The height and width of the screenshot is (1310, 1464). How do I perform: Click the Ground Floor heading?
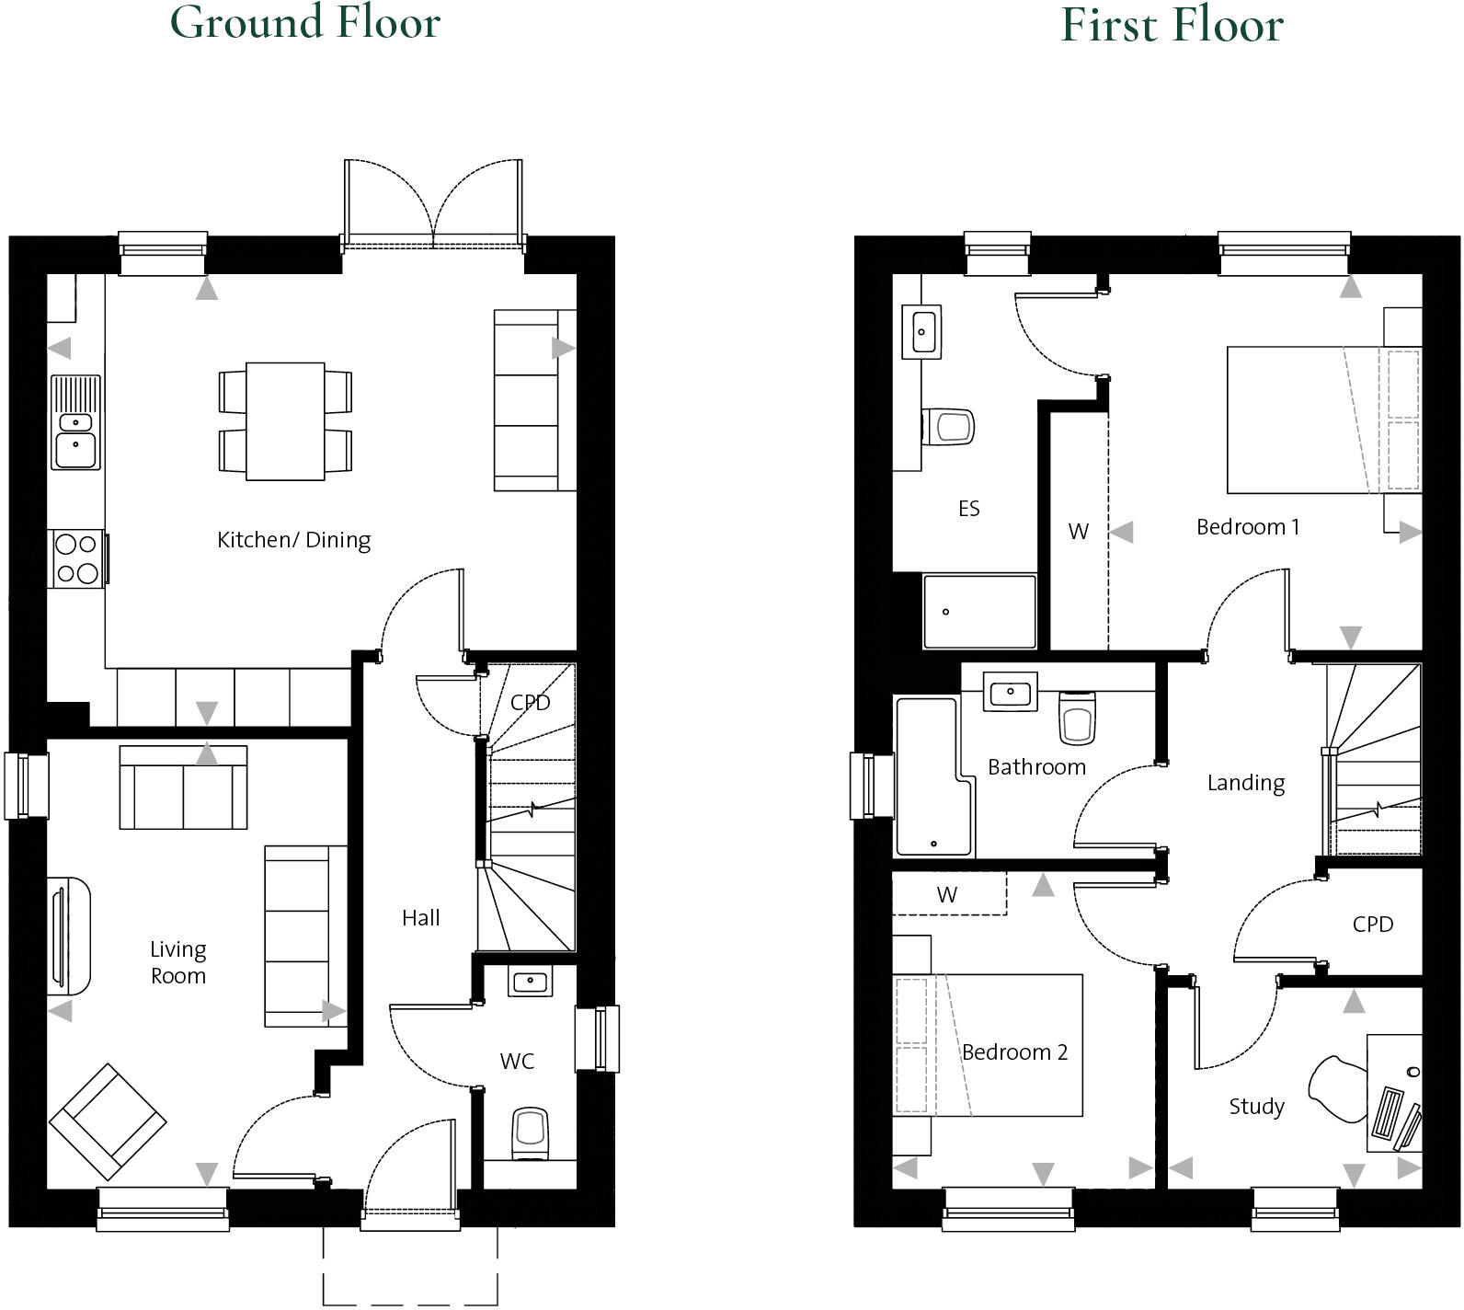click(305, 22)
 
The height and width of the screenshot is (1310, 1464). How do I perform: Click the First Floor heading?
click(1172, 25)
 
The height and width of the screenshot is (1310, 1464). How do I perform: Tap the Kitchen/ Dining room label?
click(293, 540)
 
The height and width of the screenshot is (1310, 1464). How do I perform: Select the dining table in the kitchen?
click(285, 420)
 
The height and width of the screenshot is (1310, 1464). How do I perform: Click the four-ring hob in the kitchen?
click(77, 558)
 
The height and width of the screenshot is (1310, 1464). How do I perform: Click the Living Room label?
click(177, 962)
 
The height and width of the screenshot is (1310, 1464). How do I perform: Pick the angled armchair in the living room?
click(108, 1121)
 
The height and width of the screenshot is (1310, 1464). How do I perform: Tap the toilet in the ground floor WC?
click(531, 1132)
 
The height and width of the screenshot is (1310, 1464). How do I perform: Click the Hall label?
click(420, 917)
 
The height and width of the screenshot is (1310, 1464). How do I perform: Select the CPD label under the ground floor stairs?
click(530, 703)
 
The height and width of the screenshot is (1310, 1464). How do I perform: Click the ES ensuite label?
click(968, 509)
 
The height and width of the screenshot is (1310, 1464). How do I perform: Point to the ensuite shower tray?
click(979, 612)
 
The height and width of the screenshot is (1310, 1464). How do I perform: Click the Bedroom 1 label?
click(1247, 527)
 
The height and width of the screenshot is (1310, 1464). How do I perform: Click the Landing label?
click(1245, 783)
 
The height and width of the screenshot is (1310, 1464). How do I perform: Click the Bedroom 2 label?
click(1014, 1052)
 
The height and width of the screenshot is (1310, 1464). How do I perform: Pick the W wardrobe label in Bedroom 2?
click(946, 894)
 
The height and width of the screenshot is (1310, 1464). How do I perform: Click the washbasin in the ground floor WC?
click(530, 982)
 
